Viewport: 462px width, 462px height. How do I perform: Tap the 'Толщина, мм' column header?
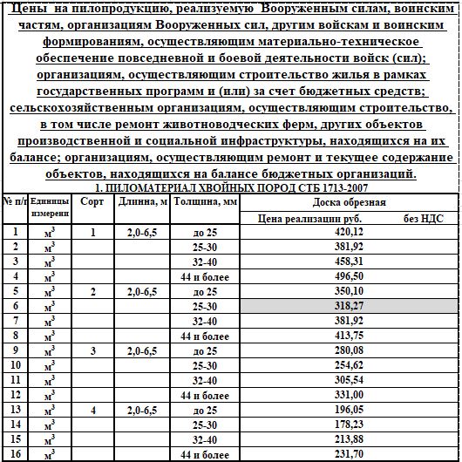click(205, 200)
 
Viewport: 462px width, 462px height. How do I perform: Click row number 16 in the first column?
click(15, 454)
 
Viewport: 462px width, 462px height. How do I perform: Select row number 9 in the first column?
click(15, 350)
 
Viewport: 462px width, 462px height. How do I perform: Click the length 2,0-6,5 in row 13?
click(141, 410)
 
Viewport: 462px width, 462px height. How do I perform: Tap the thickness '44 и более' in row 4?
click(205, 276)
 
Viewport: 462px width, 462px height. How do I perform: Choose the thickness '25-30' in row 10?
click(205, 365)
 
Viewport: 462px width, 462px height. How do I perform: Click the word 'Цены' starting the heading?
click(27, 10)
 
